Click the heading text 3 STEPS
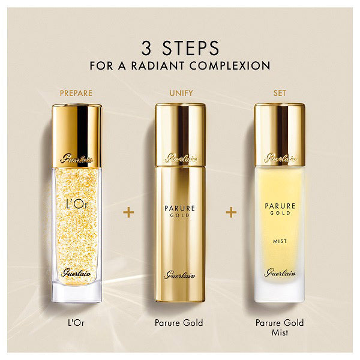click(180, 47)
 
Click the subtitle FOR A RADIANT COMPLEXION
click(180, 65)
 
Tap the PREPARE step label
click(76, 94)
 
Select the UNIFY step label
click(180, 94)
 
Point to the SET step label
click(278, 94)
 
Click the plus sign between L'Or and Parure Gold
click(128, 213)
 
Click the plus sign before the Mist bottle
click(230, 213)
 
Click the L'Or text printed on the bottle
click(76, 197)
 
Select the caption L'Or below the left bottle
click(76, 323)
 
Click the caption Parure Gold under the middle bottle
click(180, 323)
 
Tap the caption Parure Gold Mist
click(278, 328)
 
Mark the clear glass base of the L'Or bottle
click(76, 291)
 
